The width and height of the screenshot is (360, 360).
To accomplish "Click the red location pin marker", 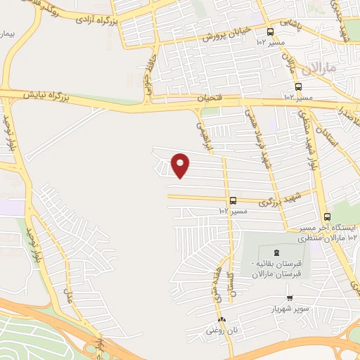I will point(181,165).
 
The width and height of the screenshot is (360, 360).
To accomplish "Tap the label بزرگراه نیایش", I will point(46,94).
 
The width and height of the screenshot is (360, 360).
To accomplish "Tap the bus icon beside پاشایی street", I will point(271,32).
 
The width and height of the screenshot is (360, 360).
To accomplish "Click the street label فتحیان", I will point(208,99).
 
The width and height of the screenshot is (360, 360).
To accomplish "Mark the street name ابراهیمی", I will point(203,127).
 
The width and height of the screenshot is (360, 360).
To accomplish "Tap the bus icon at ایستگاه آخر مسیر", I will point(326,217).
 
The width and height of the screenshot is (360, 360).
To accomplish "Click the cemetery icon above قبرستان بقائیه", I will point(275,252).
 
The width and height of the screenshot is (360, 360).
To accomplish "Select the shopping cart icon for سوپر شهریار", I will point(289,298).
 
